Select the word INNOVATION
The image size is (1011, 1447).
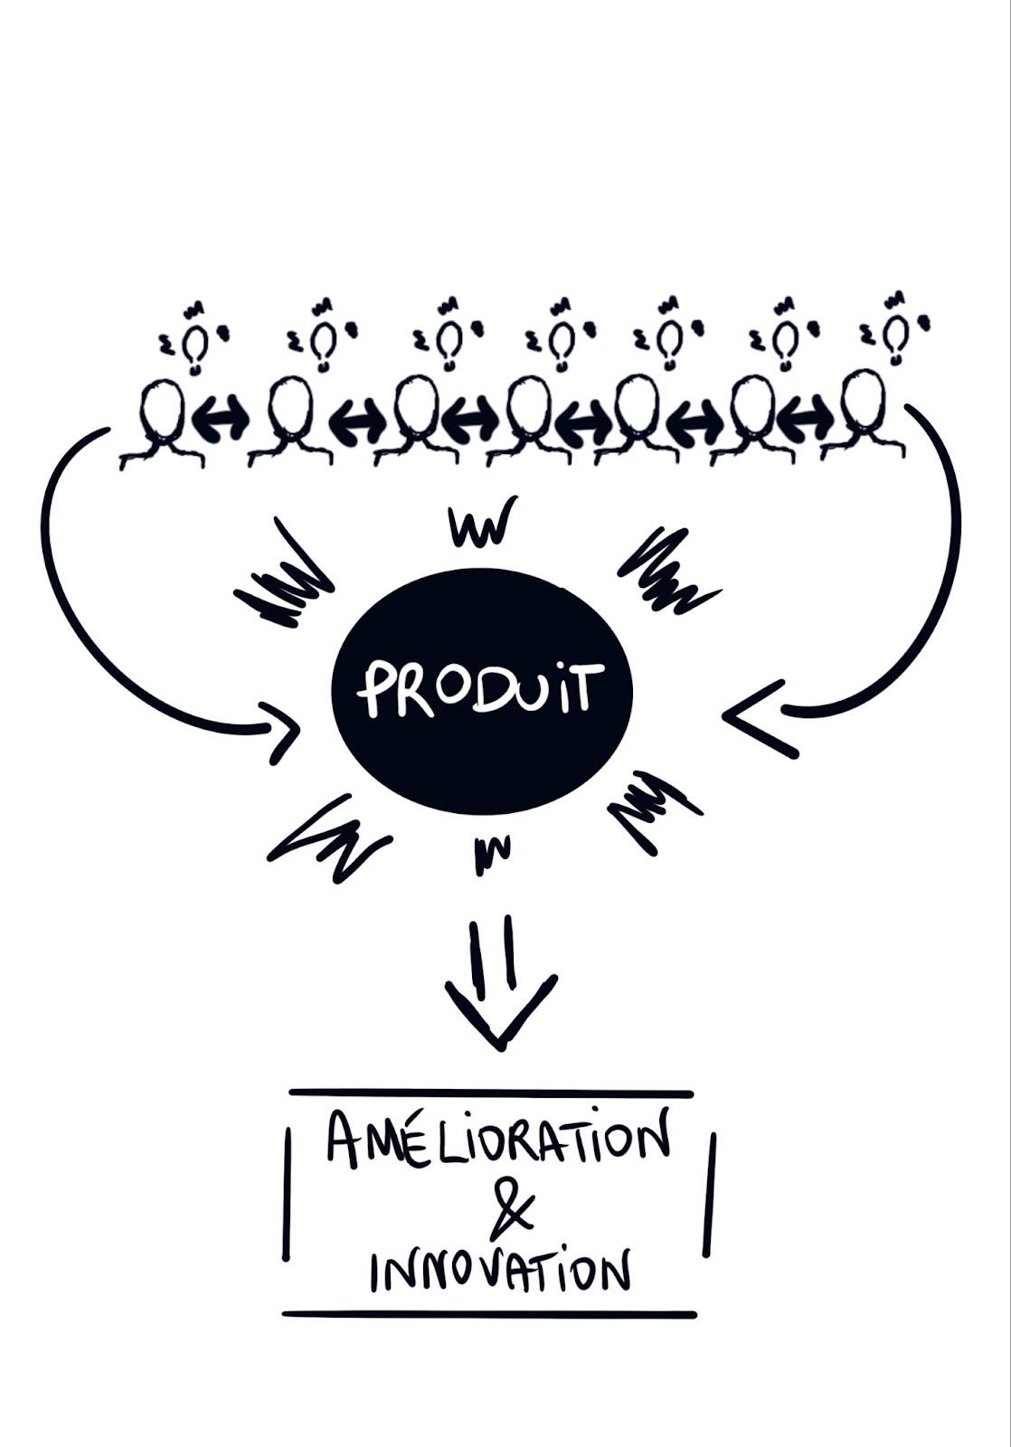tap(498, 1272)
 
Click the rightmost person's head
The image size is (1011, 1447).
tap(865, 403)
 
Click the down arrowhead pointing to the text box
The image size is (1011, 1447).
tap(500, 1013)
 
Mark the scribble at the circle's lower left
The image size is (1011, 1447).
tap(330, 836)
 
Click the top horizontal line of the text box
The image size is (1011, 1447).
tap(490, 1092)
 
